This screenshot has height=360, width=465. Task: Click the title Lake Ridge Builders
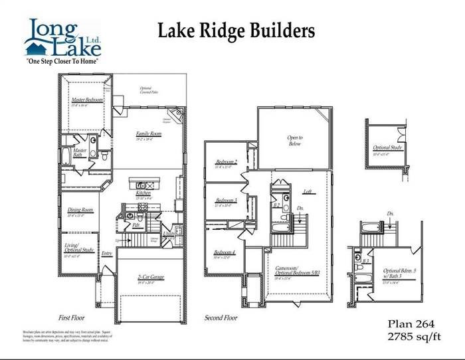(x=234, y=31)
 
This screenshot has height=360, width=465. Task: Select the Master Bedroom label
(x=87, y=100)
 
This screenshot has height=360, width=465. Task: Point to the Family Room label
(x=149, y=134)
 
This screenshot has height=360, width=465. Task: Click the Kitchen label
(x=144, y=193)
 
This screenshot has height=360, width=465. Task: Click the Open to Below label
(x=295, y=140)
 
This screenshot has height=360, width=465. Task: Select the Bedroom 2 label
(x=227, y=163)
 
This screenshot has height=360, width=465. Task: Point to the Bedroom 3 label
(x=227, y=201)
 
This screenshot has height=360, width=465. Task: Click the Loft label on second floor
(x=308, y=191)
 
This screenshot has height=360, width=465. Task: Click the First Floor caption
(x=75, y=318)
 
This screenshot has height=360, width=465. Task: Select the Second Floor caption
(x=221, y=318)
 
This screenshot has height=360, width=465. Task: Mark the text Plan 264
(x=411, y=323)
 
